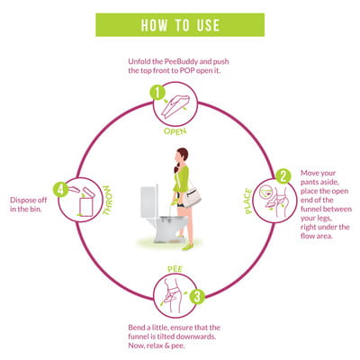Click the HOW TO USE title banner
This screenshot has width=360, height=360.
pyautogui.click(x=180, y=25)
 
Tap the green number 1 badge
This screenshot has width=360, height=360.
pyautogui.click(x=157, y=93)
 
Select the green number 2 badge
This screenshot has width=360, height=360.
pyautogui.click(x=283, y=176)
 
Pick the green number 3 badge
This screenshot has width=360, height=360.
pyautogui.click(x=197, y=296)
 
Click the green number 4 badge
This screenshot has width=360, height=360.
pyautogui.click(x=61, y=189)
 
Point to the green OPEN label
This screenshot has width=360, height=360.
pyautogui.click(x=175, y=131)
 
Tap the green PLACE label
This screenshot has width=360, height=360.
pyautogui.click(x=248, y=201)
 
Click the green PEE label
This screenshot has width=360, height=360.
pyautogui.click(x=175, y=269)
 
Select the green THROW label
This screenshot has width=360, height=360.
pyautogui.click(x=107, y=200)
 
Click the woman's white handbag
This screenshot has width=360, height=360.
pyautogui.click(x=192, y=196)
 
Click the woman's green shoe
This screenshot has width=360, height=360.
pyautogui.click(x=187, y=247)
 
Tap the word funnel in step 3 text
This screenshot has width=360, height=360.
pyautogui.click(x=139, y=337)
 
